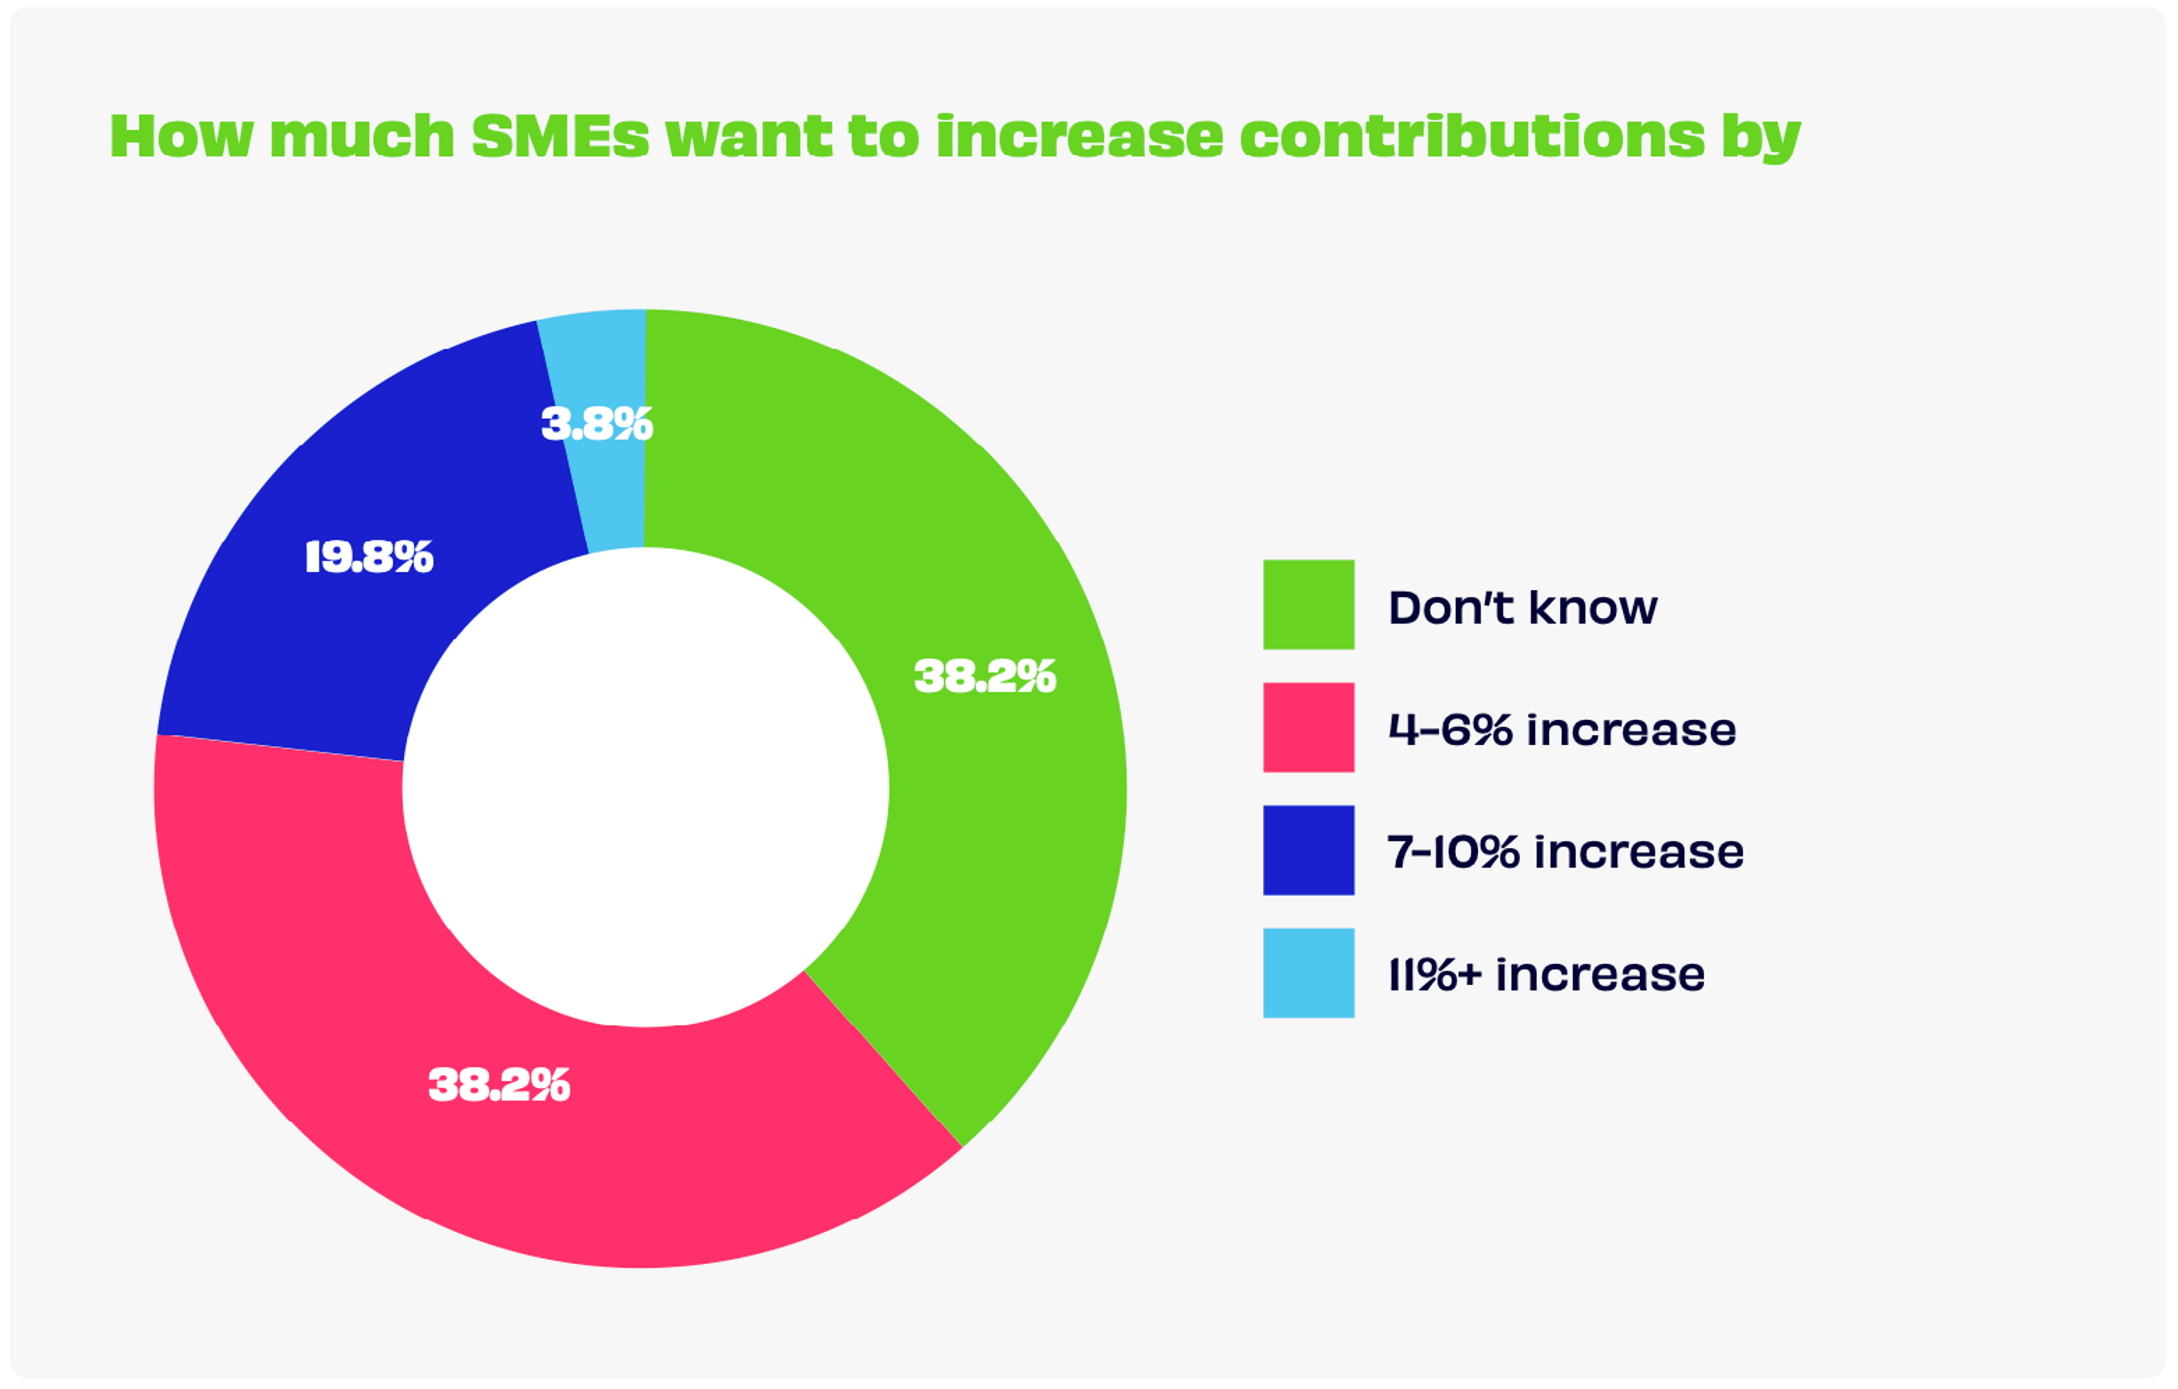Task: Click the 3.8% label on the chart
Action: pyautogui.click(x=597, y=424)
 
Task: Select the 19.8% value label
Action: pyautogui.click(x=369, y=557)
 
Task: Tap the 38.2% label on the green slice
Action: pyautogui.click(x=985, y=677)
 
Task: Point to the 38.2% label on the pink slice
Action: pyautogui.click(x=499, y=1085)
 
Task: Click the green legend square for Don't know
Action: pyautogui.click(x=1308, y=604)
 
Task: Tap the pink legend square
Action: pyautogui.click(x=1308, y=727)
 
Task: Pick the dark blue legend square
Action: pyautogui.click(x=1308, y=850)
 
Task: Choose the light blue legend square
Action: pyautogui.click(x=1308, y=973)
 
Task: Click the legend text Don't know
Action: pyautogui.click(x=1522, y=607)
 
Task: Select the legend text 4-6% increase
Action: pyautogui.click(x=1562, y=730)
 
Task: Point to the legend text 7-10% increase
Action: pyautogui.click(x=1565, y=852)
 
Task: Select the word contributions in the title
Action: pyautogui.click(x=1472, y=137)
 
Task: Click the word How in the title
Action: pyautogui.click(x=181, y=137)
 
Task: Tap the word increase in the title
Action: pyautogui.click(x=1079, y=137)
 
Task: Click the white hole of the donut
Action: pyautogui.click(x=645, y=787)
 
